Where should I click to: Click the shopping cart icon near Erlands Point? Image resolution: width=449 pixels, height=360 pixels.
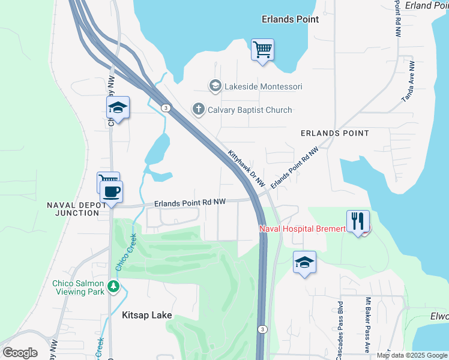point(262,50)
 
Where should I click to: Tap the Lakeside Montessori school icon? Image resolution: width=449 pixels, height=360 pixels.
point(215,86)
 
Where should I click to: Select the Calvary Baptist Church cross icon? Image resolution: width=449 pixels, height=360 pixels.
point(198,110)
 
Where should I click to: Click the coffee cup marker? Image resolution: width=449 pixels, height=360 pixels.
point(111,192)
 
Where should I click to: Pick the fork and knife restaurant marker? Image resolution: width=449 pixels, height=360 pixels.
point(358,221)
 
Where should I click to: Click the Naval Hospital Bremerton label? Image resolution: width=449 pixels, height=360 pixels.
point(303,229)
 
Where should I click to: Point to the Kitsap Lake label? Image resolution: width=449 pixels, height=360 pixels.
point(147,315)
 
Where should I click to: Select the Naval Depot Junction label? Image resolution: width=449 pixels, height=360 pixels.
point(73,209)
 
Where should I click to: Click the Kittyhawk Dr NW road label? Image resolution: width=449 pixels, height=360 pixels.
point(246,171)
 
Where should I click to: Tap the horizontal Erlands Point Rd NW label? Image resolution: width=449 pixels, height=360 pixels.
point(190,203)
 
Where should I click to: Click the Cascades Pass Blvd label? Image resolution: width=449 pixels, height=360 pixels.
point(340,328)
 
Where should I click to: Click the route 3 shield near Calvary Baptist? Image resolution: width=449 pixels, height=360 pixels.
point(165,108)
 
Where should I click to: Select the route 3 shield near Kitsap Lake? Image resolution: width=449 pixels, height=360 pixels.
point(262,329)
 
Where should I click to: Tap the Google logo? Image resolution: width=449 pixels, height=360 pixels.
point(20,353)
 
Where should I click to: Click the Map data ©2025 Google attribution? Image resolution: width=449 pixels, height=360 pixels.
point(412,355)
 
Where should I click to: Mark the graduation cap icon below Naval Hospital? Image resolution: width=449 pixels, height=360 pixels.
point(304,262)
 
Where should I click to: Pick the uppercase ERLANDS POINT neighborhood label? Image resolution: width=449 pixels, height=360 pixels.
point(334,133)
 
